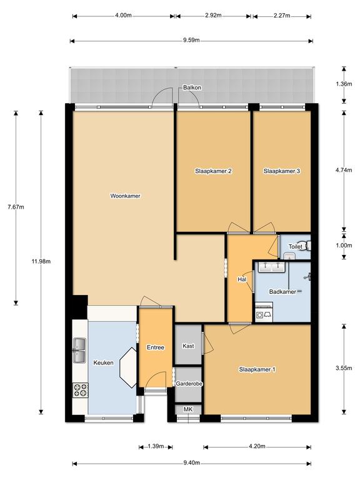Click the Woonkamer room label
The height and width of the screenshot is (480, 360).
point(124,196)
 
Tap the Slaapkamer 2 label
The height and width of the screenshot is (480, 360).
point(214,171)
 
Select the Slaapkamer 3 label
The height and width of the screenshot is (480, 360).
point(282,171)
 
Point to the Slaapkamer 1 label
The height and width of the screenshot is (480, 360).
point(257,370)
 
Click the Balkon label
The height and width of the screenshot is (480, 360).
point(192,88)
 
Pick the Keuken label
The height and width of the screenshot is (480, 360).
point(103,362)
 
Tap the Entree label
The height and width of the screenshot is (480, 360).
point(155,347)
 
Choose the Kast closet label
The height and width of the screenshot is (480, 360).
point(188,346)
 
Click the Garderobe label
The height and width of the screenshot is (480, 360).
point(188,384)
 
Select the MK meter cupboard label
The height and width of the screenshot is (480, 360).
point(188,409)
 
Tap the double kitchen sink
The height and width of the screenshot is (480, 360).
point(80,350)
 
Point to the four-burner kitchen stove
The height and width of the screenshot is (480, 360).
point(80,390)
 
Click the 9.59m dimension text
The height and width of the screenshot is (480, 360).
point(191,41)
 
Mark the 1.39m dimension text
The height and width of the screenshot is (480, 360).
point(155,446)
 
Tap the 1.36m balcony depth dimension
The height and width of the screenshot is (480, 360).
point(342,84)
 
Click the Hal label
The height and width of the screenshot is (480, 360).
point(241,279)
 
